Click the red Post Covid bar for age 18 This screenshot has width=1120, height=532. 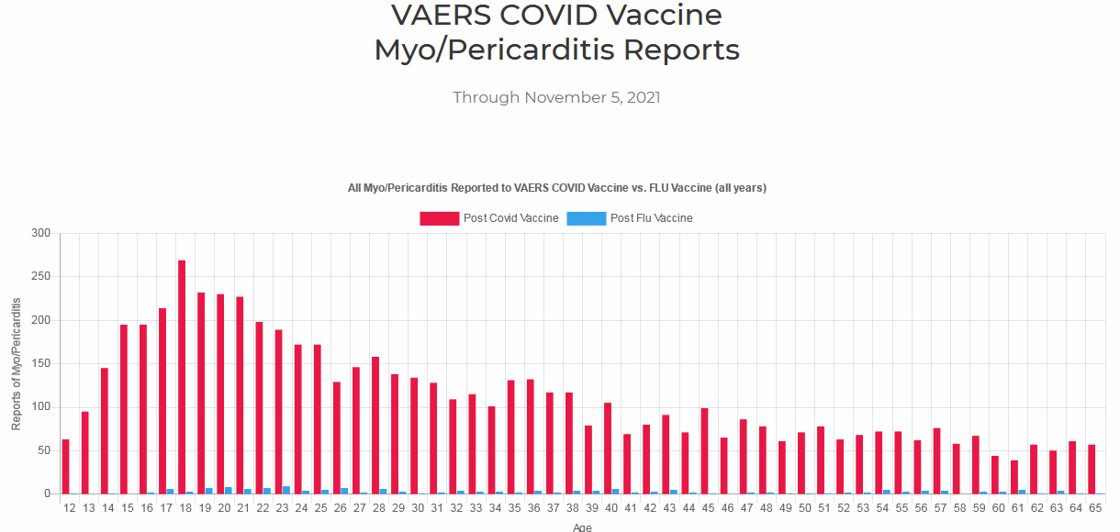(182, 377)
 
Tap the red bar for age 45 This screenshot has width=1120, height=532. (704, 450)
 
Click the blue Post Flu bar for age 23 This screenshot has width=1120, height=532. (286, 490)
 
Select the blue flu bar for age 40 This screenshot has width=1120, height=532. (615, 491)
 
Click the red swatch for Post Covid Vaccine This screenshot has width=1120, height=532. (439, 218)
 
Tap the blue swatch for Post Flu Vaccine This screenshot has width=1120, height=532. (586, 218)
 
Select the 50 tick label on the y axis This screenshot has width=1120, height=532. (41, 450)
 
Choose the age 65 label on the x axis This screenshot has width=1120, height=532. (1095, 507)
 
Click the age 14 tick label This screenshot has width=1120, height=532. (108, 507)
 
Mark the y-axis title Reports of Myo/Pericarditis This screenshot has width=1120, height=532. (17, 364)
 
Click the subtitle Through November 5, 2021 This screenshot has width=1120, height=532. (556, 97)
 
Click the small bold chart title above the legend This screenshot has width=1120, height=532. (556, 188)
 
